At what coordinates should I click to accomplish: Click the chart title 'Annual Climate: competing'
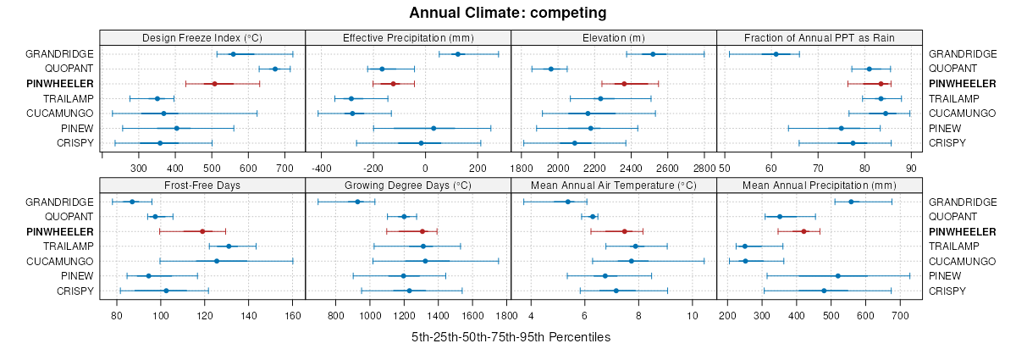click(507, 13)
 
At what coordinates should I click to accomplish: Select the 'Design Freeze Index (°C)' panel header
click(202, 37)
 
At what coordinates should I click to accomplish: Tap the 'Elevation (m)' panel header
click(614, 37)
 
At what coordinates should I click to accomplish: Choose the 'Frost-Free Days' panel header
click(202, 185)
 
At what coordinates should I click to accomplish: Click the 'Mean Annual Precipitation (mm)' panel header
click(819, 185)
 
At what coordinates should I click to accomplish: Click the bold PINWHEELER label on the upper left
click(60, 84)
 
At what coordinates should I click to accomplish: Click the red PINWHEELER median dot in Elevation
click(624, 84)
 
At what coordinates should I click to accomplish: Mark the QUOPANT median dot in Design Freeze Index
click(275, 69)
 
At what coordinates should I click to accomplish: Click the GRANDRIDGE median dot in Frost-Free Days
click(132, 202)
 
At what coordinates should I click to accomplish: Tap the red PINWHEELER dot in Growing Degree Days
click(422, 231)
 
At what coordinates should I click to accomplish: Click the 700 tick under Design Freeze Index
click(284, 168)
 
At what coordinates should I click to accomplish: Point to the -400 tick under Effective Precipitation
click(323, 168)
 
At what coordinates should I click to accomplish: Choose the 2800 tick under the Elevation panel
click(704, 168)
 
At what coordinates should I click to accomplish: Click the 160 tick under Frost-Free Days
click(292, 315)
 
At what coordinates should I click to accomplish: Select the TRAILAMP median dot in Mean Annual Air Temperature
click(635, 246)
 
